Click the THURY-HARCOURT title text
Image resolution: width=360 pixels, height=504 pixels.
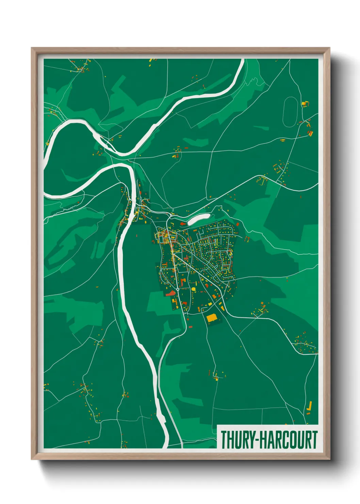(x=269, y=440)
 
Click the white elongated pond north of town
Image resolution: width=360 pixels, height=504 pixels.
(x=199, y=219)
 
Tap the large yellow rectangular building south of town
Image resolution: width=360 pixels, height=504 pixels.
(x=212, y=318)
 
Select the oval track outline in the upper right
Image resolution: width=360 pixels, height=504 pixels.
(x=290, y=112)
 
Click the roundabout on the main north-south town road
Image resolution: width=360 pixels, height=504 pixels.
(x=178, y=289)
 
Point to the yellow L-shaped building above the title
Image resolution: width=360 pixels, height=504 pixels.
(x=310, y=406)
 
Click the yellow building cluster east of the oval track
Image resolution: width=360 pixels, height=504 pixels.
(x=305, y=103)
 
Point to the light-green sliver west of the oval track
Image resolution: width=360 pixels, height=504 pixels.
(x=261, y=128)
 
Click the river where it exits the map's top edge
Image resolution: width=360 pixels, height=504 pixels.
(x=242, y=62)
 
